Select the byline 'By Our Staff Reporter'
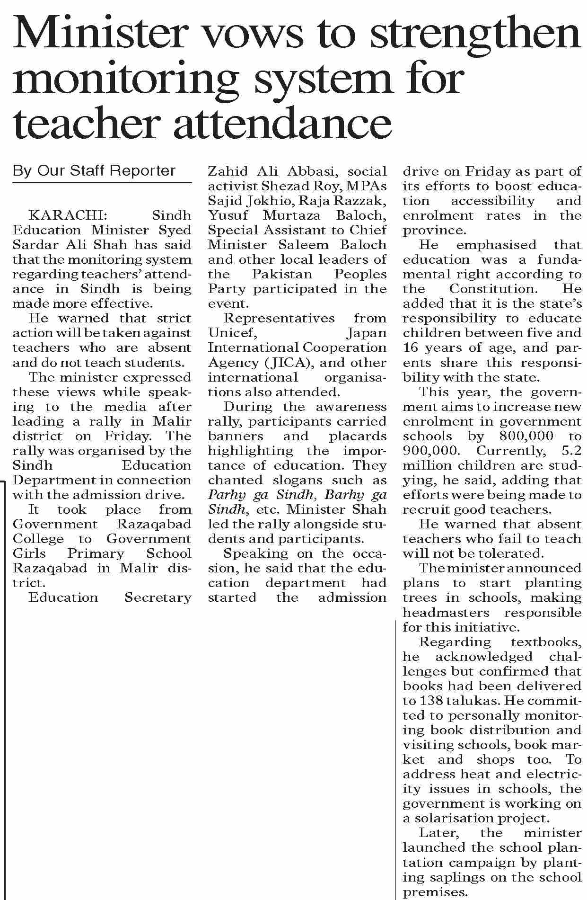click(94, 170)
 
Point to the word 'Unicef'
click(232, 333)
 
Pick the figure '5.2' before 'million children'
click(569, 451)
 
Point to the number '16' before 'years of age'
click(410, 348)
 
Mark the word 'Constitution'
click(492, 289)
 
